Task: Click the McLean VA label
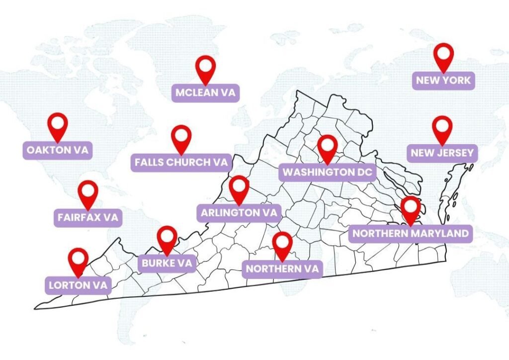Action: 206,92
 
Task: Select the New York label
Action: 443,80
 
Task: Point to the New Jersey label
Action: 442,153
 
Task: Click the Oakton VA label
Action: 58,150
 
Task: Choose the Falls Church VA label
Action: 181,162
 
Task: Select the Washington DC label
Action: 328,173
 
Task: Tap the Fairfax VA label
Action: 88,217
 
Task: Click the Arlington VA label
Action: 239,213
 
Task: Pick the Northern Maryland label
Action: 410,233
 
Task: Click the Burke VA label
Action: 167,263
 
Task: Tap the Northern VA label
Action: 282,269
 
